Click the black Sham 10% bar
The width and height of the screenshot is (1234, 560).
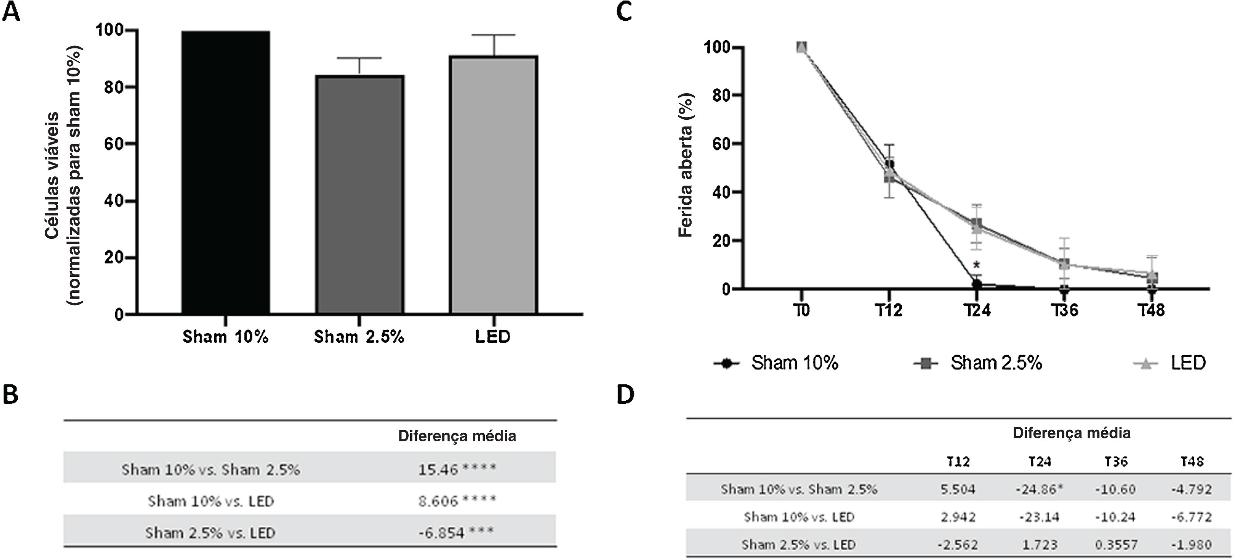point(226,173)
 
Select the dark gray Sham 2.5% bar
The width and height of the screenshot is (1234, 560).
point(359,194)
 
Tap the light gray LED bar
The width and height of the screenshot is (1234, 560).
point(493,184)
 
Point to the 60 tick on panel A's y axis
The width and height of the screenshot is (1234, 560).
point(114,144)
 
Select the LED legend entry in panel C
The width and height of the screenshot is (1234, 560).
point(1188,363)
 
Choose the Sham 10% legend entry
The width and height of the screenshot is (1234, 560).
point(794,363)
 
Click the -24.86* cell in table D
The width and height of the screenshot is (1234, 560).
point(1039,489)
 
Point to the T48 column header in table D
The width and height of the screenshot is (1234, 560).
point(1192,461)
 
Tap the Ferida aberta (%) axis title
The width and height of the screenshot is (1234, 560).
point(686,165)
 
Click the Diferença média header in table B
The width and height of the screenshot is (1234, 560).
point(457,436)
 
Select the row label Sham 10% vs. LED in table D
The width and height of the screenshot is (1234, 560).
point(799,517)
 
